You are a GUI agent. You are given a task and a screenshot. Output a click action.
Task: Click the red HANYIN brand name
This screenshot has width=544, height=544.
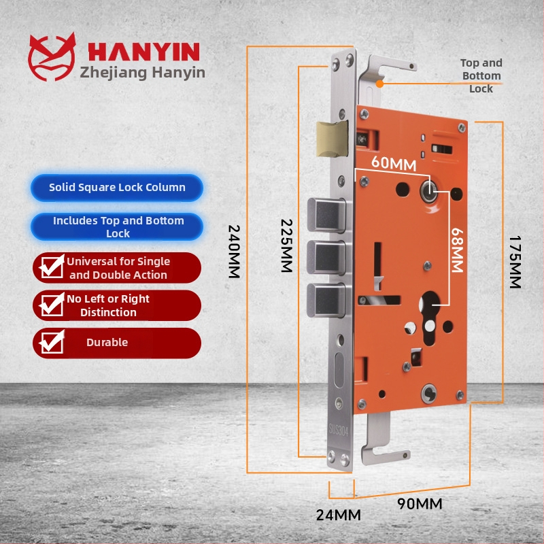point(143,52)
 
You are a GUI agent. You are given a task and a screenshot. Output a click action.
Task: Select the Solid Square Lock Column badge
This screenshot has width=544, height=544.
point(117,188)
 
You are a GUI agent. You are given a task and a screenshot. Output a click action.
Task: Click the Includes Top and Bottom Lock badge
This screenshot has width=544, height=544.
point(118,227)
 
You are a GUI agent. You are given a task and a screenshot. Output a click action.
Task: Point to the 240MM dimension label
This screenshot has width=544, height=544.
point(235,252)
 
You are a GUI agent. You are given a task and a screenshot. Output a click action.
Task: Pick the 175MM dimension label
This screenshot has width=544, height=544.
point(515,262)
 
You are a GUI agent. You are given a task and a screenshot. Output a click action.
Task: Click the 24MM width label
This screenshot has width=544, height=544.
point(338,515)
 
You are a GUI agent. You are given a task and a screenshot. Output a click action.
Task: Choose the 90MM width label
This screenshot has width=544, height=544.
point(420,504)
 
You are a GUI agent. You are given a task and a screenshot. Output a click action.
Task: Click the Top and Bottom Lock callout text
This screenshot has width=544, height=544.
point(481,75)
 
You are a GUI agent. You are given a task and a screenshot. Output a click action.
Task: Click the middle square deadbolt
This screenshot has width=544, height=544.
point(329,256)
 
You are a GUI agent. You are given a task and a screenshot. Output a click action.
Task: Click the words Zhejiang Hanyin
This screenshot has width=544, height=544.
point(143,72)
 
